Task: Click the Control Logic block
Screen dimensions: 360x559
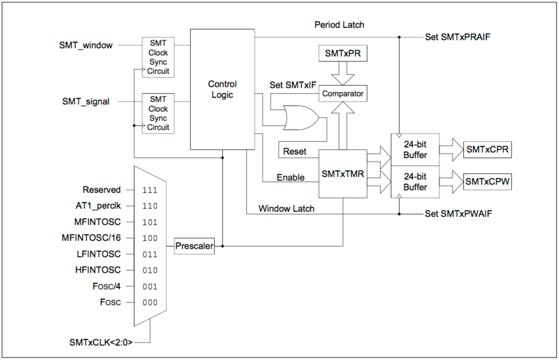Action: coord(222,89)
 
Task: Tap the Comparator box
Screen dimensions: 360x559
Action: coord(343,94)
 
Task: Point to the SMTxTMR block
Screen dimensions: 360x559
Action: coord(343,174)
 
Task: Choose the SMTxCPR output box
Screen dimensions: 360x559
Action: coord(488,150)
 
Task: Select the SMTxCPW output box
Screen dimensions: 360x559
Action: coord(488,181)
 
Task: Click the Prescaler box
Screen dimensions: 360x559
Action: coord(194,246)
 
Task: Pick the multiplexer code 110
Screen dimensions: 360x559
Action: coord(150,206)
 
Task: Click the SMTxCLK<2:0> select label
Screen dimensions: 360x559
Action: coord(101,342)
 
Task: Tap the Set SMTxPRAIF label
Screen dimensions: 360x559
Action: coord(458,37)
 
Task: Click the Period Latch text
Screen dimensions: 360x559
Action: coord(339,25)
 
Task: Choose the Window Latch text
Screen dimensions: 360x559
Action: coord(286,208)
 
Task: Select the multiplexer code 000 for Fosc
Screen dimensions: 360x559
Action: coord(150,302)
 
